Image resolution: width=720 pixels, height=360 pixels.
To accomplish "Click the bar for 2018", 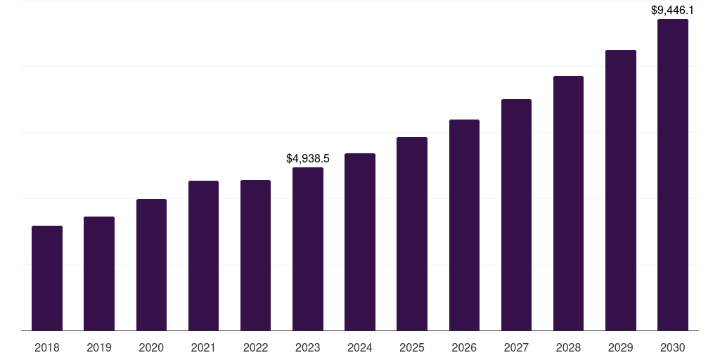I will point(47,278).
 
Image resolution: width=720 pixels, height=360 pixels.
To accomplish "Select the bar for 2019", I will point(99,274).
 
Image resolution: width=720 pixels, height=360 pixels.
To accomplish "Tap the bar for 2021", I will point(203,255).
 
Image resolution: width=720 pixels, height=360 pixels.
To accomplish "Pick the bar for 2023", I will point(308,249).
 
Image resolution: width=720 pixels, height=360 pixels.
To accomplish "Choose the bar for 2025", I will point(412,233).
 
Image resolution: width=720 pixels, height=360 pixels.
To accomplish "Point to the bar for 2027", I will point(516,214).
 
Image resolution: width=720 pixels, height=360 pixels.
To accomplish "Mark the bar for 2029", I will point(620,190).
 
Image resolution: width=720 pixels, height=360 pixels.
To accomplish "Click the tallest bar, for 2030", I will point(673,174).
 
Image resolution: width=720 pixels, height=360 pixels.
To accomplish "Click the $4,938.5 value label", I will point(308,159).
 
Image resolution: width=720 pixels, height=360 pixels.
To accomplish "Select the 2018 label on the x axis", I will point(47,347).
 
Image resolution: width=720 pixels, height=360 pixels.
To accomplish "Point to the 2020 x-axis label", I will point(151,347).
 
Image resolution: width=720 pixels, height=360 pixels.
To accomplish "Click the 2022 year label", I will point(255,347).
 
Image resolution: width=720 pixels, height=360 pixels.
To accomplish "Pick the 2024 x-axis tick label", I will point(360,347).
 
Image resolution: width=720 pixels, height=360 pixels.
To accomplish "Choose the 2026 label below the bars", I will point(464,347).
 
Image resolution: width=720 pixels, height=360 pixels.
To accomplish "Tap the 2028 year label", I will point(568,347).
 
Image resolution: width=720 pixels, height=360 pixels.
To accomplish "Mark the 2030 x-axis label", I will point(673,347).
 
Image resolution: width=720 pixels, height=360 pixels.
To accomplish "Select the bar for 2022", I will point(255,255).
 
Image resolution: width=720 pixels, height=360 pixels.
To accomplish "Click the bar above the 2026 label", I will point(464,225).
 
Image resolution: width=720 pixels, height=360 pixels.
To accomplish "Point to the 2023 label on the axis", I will point(308,347).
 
